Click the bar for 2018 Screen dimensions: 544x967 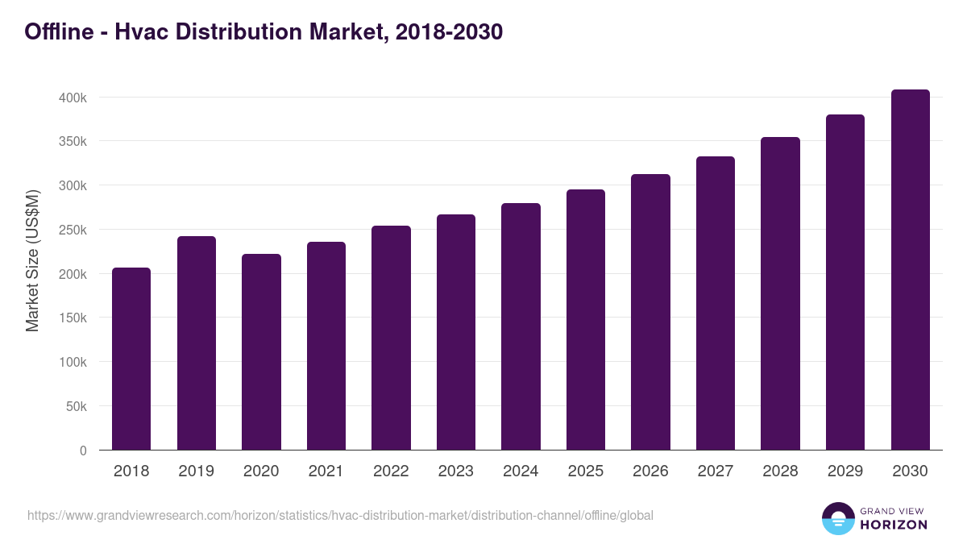coord(131,359)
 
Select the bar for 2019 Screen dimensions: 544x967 coord(197,343)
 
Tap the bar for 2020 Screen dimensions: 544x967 coord(261,352)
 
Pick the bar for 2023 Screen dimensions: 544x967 coord(456,332)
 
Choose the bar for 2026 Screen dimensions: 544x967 coord(650,312)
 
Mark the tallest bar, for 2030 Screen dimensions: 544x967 coord(910,270)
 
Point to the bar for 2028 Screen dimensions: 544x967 coord(780,293)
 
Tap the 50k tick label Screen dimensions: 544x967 coord(74,406)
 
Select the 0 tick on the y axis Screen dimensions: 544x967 coord(82,451)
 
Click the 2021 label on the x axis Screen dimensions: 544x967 coord(326,471)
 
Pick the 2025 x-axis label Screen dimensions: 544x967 coord(585,471)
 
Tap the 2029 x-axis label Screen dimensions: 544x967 coord(845,471)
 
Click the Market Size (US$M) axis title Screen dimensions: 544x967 coord(32,261)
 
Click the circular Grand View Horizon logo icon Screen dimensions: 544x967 coord(838,518)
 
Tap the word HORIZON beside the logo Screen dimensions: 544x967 coord(894,525)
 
